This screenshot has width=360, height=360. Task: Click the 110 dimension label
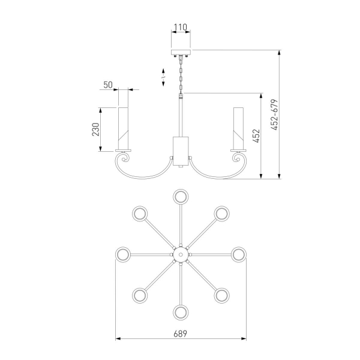(x=181, y=28)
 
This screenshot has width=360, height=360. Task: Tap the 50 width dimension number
(x=108, y=85)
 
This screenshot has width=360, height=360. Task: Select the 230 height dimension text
(x=96, y=130)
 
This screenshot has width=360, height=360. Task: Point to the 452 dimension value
(x=256, y=136)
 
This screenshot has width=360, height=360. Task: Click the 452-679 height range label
(x=274, y=115)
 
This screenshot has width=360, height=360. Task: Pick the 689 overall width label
(x=181, y=334)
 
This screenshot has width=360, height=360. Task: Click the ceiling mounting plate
(x=181, y=53)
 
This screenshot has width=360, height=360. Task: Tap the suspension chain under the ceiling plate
(x=181, y=74)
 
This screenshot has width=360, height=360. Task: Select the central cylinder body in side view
(x=181, y=151)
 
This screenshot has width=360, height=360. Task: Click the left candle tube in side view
(x=123, y=128)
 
